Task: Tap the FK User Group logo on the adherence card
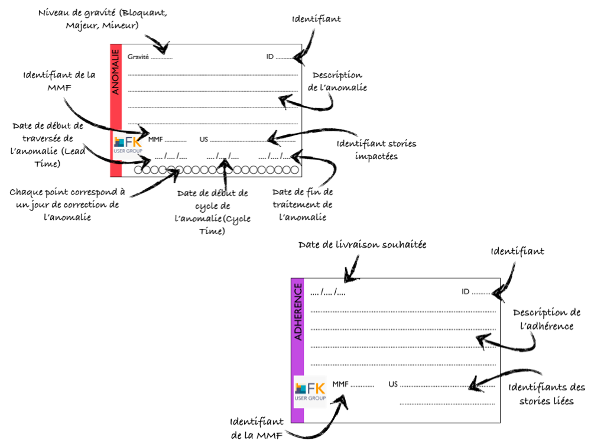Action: [x=310, y=391]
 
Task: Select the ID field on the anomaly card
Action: [x=278, y=57]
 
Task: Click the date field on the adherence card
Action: [x=328, y=292]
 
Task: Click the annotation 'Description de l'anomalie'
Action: [x=337, y=82]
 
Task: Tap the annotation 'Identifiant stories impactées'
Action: [x=376, y=150]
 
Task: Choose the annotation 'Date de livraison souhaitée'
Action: [x=362, y=245]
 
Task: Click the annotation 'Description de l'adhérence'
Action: [x=546, y=319]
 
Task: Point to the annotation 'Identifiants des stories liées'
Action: [x=546, y=394]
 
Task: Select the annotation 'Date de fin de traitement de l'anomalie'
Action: [x=303, y=205]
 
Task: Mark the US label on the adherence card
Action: [x=393, y=384]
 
